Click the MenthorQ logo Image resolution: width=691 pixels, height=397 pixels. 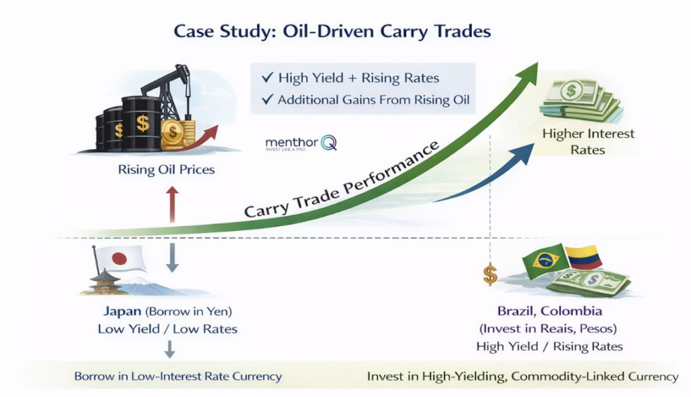coord(300,143)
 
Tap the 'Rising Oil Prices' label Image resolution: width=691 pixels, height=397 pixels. coord(167,169)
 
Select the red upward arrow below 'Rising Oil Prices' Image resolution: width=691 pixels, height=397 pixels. coord(172,203)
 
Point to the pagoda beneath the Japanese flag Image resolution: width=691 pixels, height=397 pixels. coord(106,282)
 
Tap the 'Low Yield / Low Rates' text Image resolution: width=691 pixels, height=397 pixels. coord(167,329)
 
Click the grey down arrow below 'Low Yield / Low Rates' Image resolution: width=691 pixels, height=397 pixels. coord(169,349)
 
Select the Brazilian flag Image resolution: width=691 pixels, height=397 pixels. coord(545,260)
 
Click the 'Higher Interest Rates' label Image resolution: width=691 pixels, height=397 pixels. coord(588,141)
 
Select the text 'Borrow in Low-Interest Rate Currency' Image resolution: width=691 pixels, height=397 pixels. coord(177,376)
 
